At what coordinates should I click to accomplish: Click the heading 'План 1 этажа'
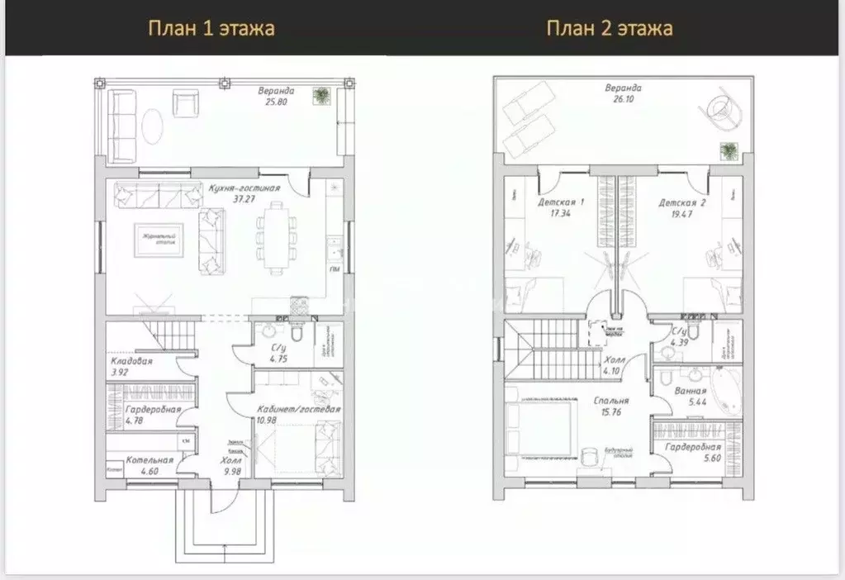(211, 29)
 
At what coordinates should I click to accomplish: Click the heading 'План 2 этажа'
(610, 29)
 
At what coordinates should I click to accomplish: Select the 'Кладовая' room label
(132, 361)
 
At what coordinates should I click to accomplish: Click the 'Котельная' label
(150, 460)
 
